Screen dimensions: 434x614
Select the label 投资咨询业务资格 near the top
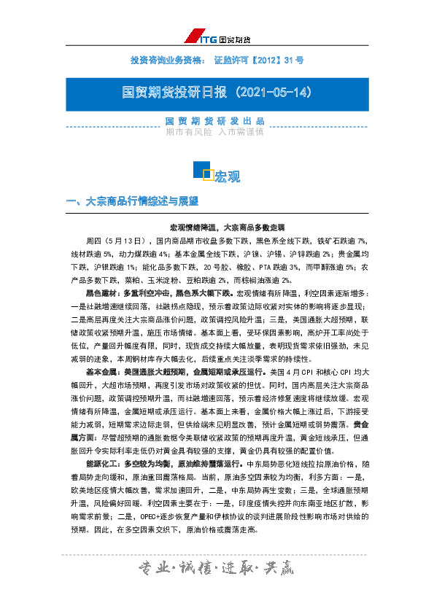[x=161, y=59]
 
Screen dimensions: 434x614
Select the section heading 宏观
[x=227, y=176]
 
